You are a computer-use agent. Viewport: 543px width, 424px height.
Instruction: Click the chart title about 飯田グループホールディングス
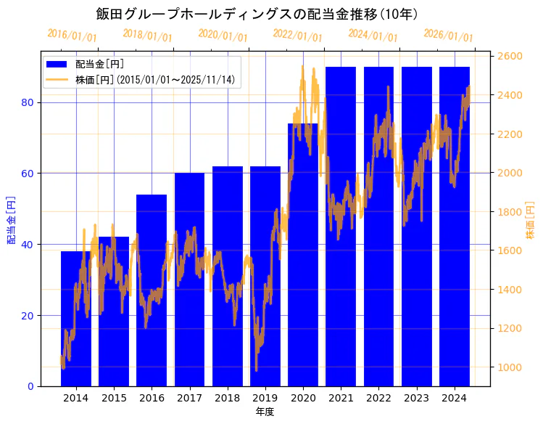[x=257, y=14]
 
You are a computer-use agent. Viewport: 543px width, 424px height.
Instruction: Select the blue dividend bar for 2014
[x=76, y=319]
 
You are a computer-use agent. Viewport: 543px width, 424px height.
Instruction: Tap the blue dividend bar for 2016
[x=152, y=290]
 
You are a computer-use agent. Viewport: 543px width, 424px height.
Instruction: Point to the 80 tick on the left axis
[x=28, y=102]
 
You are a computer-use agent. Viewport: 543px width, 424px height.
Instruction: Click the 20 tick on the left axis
[x=28, y=316]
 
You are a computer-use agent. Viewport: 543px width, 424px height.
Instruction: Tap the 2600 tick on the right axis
[x=510, y=57]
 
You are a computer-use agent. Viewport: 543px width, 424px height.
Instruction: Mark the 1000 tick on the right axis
[x=510, y=367]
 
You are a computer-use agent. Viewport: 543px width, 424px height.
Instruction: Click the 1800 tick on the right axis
[x=510, y=212]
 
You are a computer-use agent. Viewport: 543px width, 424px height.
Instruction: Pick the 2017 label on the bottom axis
[x=189, y=399]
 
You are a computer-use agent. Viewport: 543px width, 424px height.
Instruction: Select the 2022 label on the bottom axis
[x=378, y=399]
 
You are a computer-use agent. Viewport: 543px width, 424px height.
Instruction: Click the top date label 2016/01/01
[x=72, y=36]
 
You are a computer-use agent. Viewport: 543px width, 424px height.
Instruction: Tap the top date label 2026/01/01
[x=448, y=36]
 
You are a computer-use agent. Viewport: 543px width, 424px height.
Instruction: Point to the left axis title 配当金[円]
[x=11, y=219]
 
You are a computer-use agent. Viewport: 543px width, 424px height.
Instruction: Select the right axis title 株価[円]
[x=531, y=221]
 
